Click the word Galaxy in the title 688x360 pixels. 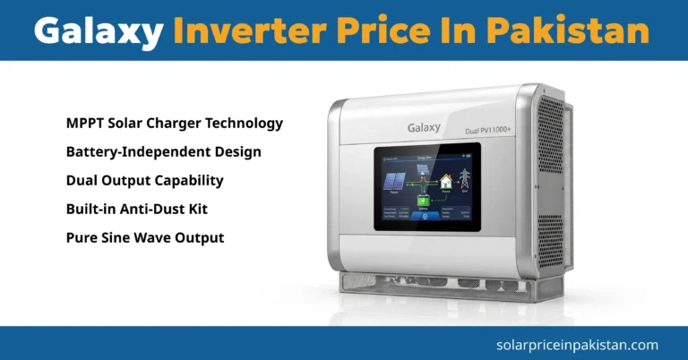tap(99, 31)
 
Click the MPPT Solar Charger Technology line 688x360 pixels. tap(174, 123)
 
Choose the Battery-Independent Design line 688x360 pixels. tap(163, 151)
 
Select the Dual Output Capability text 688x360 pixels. tap(144, 180)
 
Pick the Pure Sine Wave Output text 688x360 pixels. tap(144, 237)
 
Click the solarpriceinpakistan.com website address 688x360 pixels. tap(576, 344)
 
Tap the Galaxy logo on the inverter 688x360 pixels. tap(422, 128)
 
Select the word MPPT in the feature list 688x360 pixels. tap(86, 123)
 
